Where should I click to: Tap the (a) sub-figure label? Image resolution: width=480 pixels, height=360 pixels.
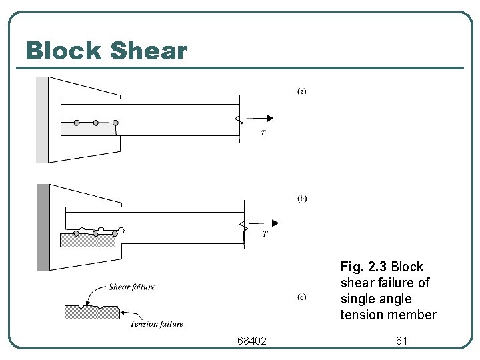(x=301, y=91)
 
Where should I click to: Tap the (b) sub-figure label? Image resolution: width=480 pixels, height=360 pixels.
(x=301, y=198)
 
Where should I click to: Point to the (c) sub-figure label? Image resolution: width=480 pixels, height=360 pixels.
(x=301, y=297)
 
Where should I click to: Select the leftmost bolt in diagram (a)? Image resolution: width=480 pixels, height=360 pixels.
(x=77, y=123)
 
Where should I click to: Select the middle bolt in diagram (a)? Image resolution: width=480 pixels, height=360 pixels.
(x=96, y=123)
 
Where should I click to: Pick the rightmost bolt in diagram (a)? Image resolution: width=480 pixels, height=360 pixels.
(x=115, y=123)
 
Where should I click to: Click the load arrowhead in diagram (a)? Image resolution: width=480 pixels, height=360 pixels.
(x=269, y=118)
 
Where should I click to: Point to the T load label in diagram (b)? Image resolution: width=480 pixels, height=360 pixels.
(x=265, y=234)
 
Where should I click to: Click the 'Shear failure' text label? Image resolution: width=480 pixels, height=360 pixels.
(x=132, y=287)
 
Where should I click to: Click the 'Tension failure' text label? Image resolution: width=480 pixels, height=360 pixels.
(x=157, y=324)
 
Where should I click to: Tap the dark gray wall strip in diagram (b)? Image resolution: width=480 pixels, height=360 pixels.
(x=43, y=227)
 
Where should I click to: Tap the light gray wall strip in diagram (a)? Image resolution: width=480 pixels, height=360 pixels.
(x=42, y=120)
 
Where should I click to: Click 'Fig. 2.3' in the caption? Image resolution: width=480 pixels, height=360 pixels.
(x=363, y=267)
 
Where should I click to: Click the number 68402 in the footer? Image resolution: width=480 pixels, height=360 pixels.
(x=251, y=341)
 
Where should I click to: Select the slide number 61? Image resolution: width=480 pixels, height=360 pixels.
(x=401, y=341)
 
